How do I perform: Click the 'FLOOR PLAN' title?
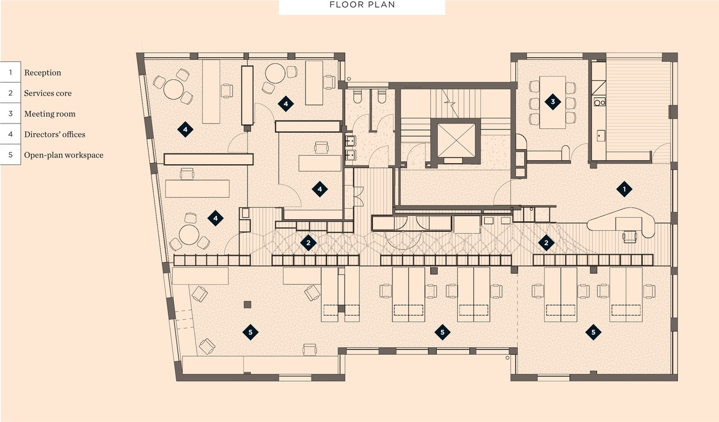(362, 5)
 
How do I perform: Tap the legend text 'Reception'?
(43, 73)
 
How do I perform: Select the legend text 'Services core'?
(48, 93)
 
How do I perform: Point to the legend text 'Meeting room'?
(50, 114)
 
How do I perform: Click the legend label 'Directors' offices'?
(55, 134)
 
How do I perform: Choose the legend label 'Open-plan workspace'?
(64, 155)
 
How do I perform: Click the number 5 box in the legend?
(10, 155)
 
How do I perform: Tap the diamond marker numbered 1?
(624, 189)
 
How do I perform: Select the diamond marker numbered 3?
(552, 102)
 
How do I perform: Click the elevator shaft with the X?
(456, 141)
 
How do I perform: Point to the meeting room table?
(552, 102)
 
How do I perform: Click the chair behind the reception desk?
(630, 236)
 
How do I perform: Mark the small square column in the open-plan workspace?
(247, 304)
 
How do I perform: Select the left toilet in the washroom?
(357, 96)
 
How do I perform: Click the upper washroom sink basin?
(350, 141)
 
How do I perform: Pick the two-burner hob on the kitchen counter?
(599, 102)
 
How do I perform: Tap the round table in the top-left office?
(173, 89)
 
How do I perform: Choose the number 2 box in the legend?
(10, 93)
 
